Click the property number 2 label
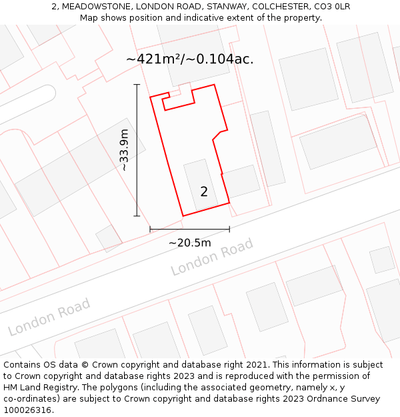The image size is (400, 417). (204, 192)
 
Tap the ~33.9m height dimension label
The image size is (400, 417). (124, 150)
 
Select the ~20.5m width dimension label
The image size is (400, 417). (189, 243)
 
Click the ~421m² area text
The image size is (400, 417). (155, 59)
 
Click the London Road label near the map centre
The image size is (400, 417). (212, 257)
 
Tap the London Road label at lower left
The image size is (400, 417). (49, 317)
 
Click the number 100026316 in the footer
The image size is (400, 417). (26, 410)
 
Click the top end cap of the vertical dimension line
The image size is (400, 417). (137, 85)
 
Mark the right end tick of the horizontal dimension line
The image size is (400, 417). (229, 229)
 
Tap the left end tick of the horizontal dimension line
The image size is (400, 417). (150, 229)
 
